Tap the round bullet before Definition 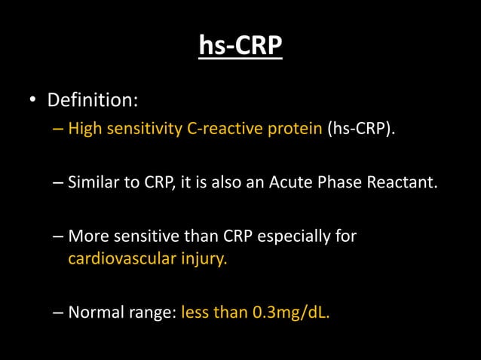pos(32,100)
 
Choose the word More pos(87,237)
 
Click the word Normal pos(93,312)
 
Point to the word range pos(150,312)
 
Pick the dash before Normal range pos(59,312)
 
